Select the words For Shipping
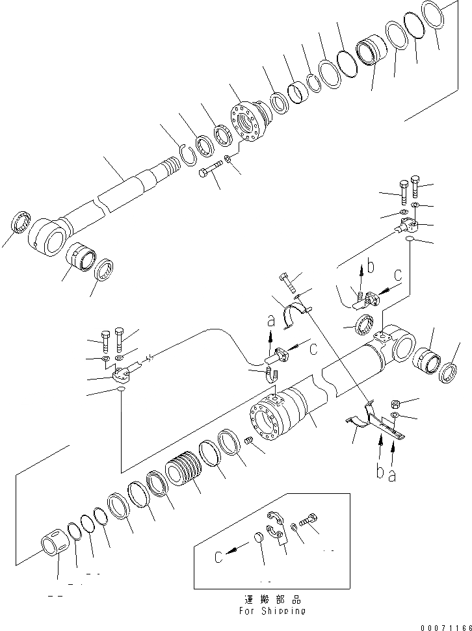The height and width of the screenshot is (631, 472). click(x=272, y=611)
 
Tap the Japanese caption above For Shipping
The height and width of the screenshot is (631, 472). click(x=272, y=599)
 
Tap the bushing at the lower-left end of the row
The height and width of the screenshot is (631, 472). click(x=53, y=543)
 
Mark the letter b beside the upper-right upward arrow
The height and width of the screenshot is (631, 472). click(x=370, y=266)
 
